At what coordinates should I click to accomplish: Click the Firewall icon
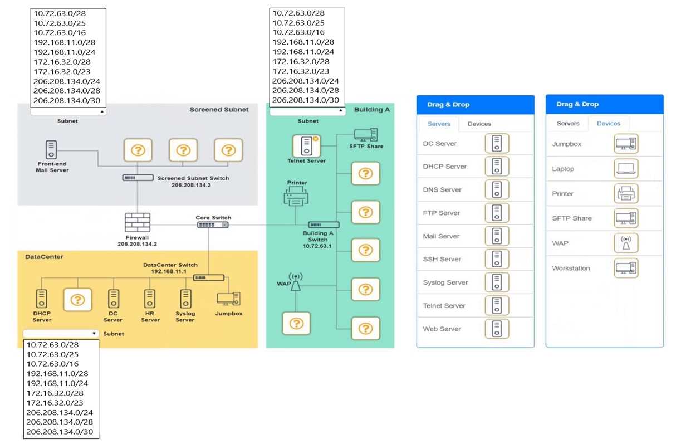(x=137, y=223)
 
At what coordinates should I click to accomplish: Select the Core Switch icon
(x=212, y=225)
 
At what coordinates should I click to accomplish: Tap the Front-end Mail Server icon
(x=51, y=149)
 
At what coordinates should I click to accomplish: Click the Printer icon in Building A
(x=296, y=197)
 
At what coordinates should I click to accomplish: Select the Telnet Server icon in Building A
(x=306, y=146)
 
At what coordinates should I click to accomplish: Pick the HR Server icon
(x=149, y=299)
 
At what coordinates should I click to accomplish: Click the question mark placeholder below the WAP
(x=296, y=323)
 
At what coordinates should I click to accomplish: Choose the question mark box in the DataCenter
(x=77, y=300)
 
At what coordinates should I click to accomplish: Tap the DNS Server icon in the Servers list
(x=497, y=190)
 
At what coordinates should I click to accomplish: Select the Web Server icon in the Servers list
(x=497, y=329)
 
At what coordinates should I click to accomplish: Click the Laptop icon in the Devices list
(x=626, y=169)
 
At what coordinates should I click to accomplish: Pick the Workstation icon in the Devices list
(x=626, y=268)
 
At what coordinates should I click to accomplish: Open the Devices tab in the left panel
(x=479, y=124)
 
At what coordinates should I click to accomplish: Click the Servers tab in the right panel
(x=568, y=124)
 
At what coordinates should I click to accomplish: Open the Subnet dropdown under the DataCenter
(x=61, y=333)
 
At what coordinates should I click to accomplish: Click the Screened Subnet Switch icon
(x=138, y=178)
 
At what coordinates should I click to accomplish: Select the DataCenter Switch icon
(x=209, y=277)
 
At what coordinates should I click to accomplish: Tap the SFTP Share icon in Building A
(x=366, y=134)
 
